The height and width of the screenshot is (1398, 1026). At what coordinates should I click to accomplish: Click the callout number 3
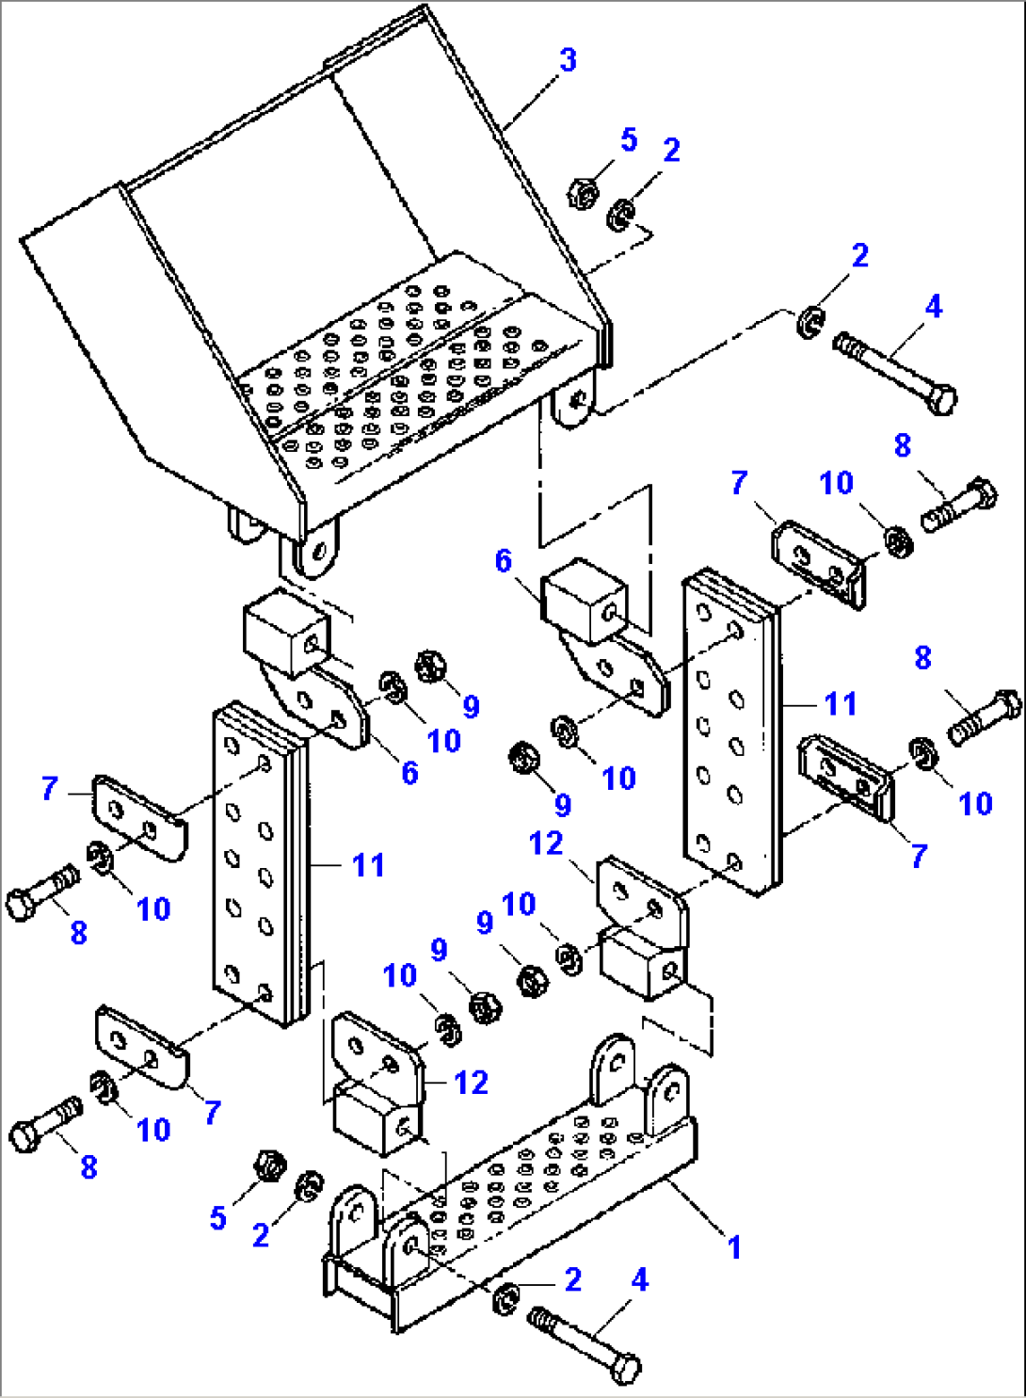(x=568, y=60)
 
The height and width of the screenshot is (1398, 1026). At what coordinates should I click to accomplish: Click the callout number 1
(x=734, y=1247)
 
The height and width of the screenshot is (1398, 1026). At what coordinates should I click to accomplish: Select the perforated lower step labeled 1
(x=527, y=1205)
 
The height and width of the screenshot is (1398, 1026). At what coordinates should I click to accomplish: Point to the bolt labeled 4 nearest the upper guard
(x=894, y=370)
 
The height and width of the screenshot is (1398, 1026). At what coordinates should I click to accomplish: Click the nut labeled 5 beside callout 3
(x=584, y=194)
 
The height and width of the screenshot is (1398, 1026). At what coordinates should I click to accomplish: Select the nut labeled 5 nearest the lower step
(x=270, y=1165)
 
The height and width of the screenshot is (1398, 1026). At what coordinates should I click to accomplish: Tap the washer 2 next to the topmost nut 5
(x=619, y=216)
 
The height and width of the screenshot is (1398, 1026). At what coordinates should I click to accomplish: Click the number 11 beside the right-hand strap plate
(x=841, y=703)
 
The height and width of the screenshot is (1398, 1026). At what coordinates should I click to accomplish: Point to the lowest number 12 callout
(x=471, y=1083)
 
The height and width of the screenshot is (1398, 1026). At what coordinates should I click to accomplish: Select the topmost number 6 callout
(x=504, y=561)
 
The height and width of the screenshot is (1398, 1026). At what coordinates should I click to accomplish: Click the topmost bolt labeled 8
(x=960, y=506)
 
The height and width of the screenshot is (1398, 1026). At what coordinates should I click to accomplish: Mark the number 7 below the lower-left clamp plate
(x=213, y=1112)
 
